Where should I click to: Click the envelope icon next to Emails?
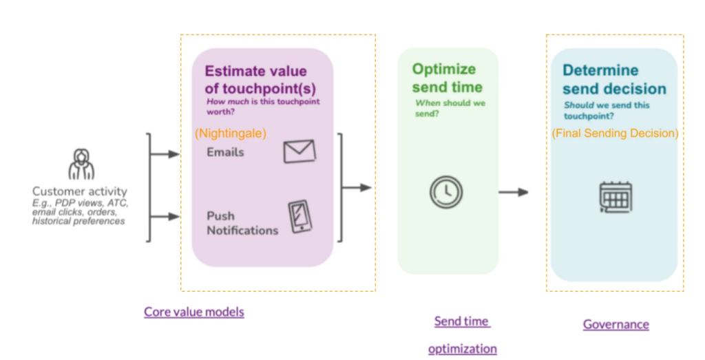299,151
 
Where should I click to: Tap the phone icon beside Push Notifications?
299,217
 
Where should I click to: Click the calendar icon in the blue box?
615,197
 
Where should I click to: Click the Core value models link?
193,312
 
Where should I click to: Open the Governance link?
615,324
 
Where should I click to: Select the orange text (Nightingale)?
231,133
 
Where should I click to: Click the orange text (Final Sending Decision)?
615,133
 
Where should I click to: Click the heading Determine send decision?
614,79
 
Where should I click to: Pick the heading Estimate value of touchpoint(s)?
255,78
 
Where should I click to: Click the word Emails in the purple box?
225,152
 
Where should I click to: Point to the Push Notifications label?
242,223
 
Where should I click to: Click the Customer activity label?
80,191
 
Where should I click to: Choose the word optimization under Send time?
462,349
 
